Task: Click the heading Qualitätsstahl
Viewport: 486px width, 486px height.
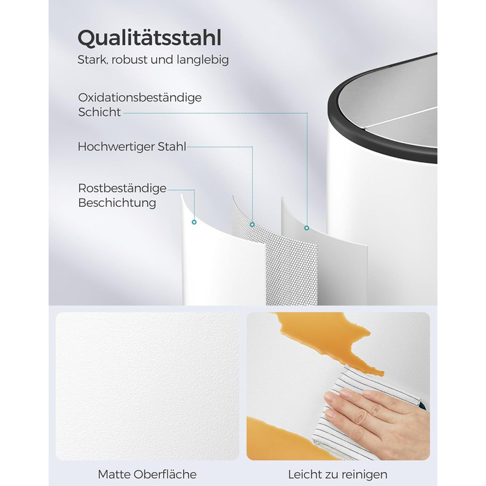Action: [x=149, y=38]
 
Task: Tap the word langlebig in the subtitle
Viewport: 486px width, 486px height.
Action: [x=203, y=60]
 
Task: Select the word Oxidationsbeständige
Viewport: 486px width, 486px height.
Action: [x=140, y=98]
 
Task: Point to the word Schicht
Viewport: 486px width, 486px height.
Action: [x=99, y=112]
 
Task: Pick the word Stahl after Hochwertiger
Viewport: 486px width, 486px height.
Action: [x=172, y=146]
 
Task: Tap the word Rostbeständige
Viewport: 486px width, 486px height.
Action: [x=122, y=188]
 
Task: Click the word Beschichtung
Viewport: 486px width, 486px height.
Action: [x=117, y=203]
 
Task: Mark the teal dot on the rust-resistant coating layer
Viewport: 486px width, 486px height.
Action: [x=194, y=222]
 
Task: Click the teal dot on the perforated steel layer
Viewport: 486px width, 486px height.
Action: [x=252, y=224]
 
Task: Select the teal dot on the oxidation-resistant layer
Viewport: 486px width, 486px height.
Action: [x=307, y=228]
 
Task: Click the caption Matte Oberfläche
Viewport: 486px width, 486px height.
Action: [x=147, y=474]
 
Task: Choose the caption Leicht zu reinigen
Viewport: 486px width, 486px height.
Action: [x=338, y=474]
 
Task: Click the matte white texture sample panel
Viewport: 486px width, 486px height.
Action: [x=147, y=386]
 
